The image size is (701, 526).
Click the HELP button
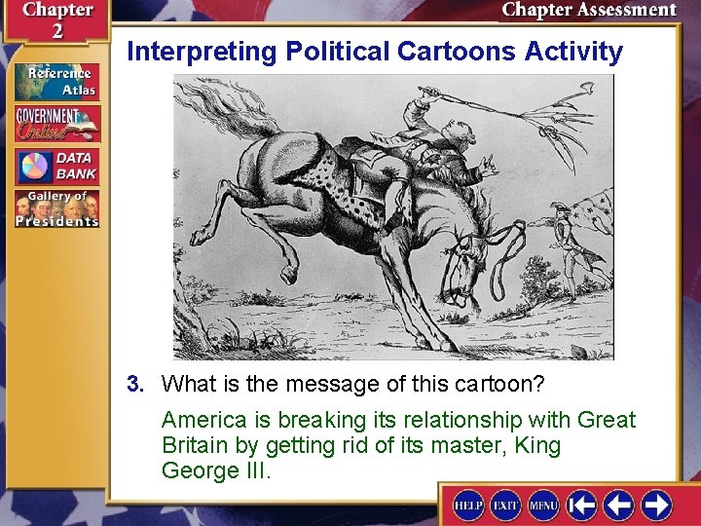(468, 505)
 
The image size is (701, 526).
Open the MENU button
(543, 505)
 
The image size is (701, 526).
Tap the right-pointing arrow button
(656, 505)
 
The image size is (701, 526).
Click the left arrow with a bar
(582, 505)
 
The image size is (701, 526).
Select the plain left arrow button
(619, 505)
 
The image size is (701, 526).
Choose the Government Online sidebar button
(55, 124)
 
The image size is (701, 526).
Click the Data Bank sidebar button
(55, 166)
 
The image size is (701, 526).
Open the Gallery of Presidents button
(55, 208)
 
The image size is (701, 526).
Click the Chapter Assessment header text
(588, 11)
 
